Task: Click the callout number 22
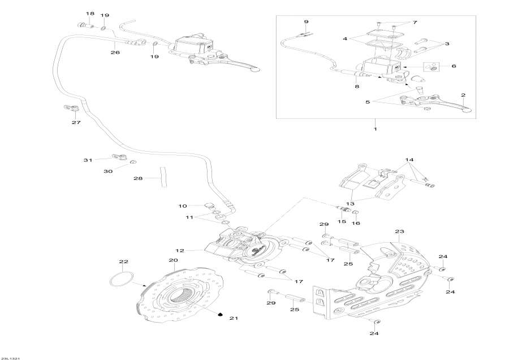[123, 262]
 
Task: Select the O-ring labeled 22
[121, 280]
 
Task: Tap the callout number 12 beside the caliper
[180, 250]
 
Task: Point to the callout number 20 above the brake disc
[172, 260]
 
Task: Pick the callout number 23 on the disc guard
[399, 232]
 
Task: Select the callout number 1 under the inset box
[375, 130]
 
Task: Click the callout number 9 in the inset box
[306, 22]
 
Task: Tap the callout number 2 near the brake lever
[463, 95]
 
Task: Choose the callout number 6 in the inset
[453, 66]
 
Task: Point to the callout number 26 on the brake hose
[115, 52]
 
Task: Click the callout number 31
[88, 160]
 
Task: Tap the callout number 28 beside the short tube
[138, 179]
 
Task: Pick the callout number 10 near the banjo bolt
[182, 205]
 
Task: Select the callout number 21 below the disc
[234, 319]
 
